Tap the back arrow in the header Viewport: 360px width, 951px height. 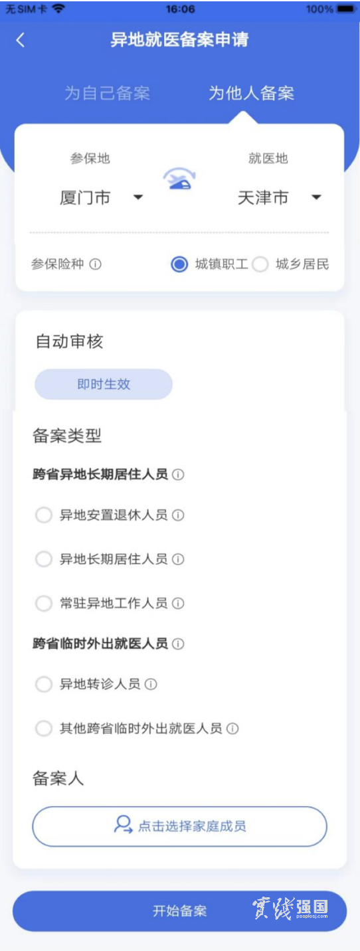(x=21, y=40)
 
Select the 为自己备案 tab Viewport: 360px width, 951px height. (x=108, y=93)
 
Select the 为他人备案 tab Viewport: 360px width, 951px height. (x=251, y=93)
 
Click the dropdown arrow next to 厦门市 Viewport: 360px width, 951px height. (x=138, y=197)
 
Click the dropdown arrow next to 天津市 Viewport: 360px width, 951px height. (x=316, y=197)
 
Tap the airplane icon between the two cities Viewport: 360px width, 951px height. (x=179, y=179)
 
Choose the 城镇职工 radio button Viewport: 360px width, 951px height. (x=179, y=264)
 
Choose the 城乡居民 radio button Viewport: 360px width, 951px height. (x=260, y=264)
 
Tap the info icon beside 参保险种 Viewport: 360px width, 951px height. (x=96, y=264)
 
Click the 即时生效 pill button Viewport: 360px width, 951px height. (x=104, y=385)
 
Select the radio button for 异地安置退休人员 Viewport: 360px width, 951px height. (x=44, y=515)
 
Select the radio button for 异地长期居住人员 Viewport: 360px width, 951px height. (x=44, y=559)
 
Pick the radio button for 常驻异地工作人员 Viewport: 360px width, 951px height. (x=44, y=603)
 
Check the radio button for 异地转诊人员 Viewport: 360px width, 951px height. (x=44, y=684)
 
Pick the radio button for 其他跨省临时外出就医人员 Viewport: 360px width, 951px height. (x=44, y=729)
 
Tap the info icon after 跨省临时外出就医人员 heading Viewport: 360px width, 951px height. (x=178, y=644)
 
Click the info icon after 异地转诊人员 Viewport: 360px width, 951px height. (x=151, y=684)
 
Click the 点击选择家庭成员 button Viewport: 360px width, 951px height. (x=179, y=826)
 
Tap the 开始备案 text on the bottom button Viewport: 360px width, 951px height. (x=179, y=910)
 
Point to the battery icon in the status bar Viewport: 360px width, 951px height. (x=345, y=9)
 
